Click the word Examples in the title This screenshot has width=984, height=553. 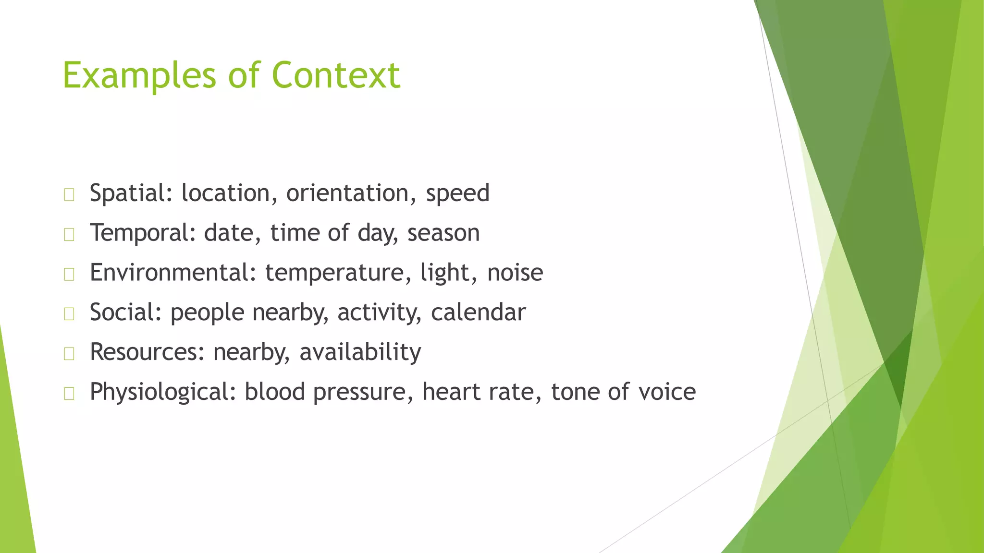[x=139, y=76]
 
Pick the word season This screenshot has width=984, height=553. [x=443, y=233]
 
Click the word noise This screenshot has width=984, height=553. [x=515, y=273]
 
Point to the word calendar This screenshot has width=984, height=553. [x=478, y=313]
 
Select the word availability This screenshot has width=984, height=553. [x=360, y=352]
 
